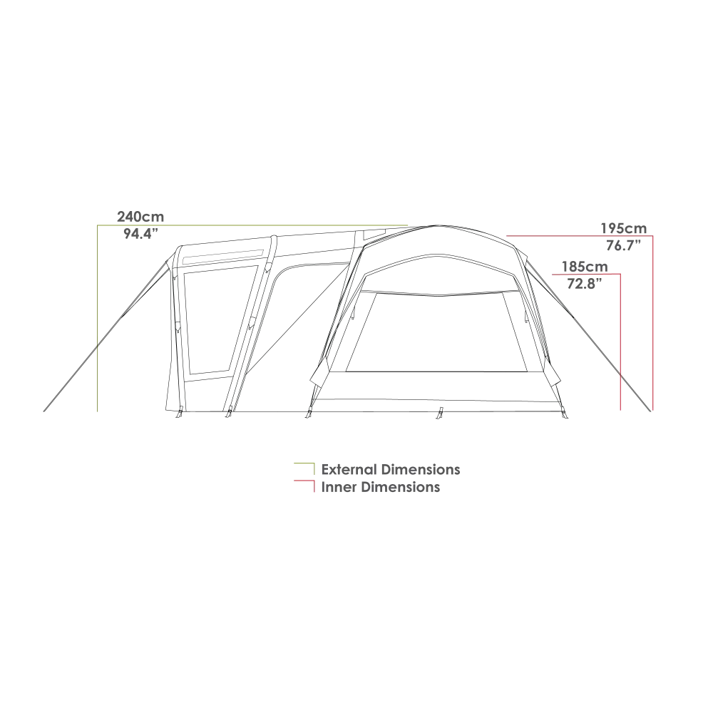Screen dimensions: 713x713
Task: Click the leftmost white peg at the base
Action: click(x=180, y=409)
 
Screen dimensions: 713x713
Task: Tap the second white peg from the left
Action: click(x=230, y=409)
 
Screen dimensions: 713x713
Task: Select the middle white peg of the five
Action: click(x=310, y=409)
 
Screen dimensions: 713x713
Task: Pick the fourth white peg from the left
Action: click(x=442, y=409)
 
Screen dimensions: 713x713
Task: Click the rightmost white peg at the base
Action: click(x=563, y=409)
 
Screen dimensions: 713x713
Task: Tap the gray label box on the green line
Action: click(x=140, y=217)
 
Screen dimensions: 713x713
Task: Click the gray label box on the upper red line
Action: click(x=625, y=229)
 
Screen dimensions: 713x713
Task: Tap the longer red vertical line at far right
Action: click(x=653, y=321)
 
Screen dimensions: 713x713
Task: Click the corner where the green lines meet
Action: click(x=99, y=225)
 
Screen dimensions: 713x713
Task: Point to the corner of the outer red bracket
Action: click(x=653, y=236)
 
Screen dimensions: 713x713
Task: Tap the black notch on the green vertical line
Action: click(x=100, y=342)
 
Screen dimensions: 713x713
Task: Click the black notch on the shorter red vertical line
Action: click(x=618, y=372)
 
